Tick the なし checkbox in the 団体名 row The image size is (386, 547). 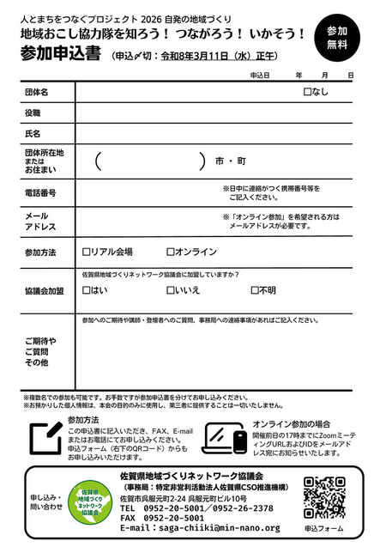tap(307, 91)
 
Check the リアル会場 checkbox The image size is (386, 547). tap(86, 252)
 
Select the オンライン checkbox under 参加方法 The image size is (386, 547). tap(171, 252)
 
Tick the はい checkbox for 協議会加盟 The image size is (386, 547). tap(86, 290)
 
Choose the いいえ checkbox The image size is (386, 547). tap(171, 290)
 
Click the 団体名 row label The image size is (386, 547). tap(37, 91)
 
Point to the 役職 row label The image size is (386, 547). tap(33, 112)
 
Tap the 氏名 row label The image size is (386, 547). tap(33, 134)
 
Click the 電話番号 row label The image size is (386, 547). tap(40, 192)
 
